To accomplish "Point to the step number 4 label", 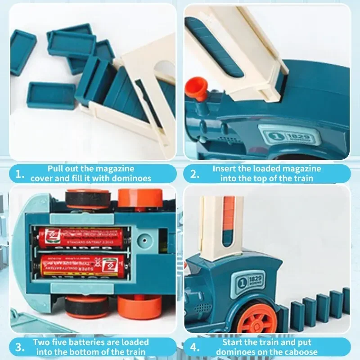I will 194,347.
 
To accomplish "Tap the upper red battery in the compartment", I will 81,238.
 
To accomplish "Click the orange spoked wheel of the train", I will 257,320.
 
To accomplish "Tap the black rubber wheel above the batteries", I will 87,198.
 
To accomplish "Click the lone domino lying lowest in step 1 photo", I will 51,96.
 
